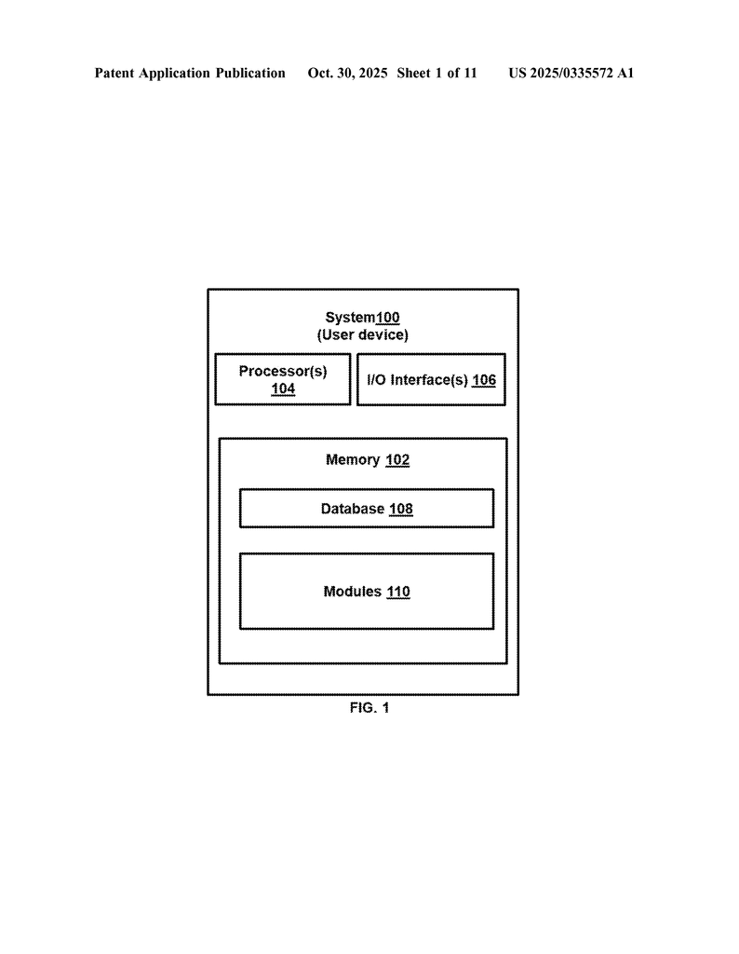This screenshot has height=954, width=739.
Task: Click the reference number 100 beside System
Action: tap(388, 318)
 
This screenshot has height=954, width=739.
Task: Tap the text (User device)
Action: tap(362, 334)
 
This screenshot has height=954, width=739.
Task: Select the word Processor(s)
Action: tap(283, 371)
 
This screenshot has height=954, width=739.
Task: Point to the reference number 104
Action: tap(283, 388)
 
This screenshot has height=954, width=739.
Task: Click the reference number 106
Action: tap(484, 380)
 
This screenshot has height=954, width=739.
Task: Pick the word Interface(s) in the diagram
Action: tap(429, 380)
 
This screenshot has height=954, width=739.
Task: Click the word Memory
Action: tap(353, 460)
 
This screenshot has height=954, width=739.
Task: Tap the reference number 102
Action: tap(397, 460)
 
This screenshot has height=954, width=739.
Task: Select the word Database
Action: tap(353, 510)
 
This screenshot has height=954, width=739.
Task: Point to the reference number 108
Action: tap(401, 510)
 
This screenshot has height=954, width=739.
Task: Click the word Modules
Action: tap(353, 592)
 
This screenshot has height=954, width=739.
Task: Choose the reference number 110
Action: tap(398, 592)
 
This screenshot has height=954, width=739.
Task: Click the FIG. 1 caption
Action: tap(369, 708)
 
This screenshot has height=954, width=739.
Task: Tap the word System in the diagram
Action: tap(350, 318)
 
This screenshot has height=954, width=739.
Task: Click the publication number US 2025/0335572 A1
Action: tap(571, 73)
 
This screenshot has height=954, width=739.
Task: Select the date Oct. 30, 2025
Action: tap(348, 73)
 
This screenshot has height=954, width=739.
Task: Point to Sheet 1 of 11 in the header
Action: tap(437, 73)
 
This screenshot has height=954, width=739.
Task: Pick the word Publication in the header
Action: tap(250, 73)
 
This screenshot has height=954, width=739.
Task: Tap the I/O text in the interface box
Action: tap(376, 380)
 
